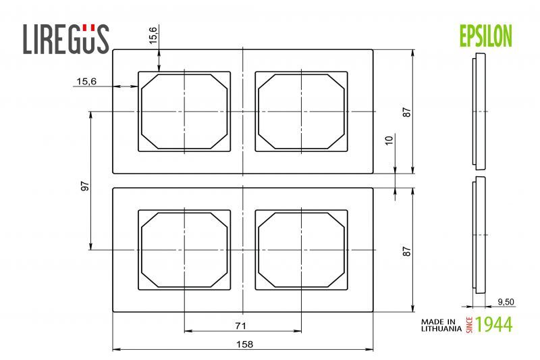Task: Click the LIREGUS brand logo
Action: click(65, 38)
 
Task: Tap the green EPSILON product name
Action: click(485, 36)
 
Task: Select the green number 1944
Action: click(493, 324)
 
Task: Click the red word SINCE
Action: click(469, 324)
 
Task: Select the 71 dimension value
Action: click(240, 326)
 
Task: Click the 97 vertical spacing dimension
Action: click(84, 186)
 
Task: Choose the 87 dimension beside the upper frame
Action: click(406, 112)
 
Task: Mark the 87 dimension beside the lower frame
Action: click(406, 251)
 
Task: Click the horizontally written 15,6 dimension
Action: click(86, 81)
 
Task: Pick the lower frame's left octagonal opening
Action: click(184, 250)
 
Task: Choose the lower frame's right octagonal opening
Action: click(301, 250)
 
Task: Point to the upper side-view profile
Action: click(479, 111)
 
